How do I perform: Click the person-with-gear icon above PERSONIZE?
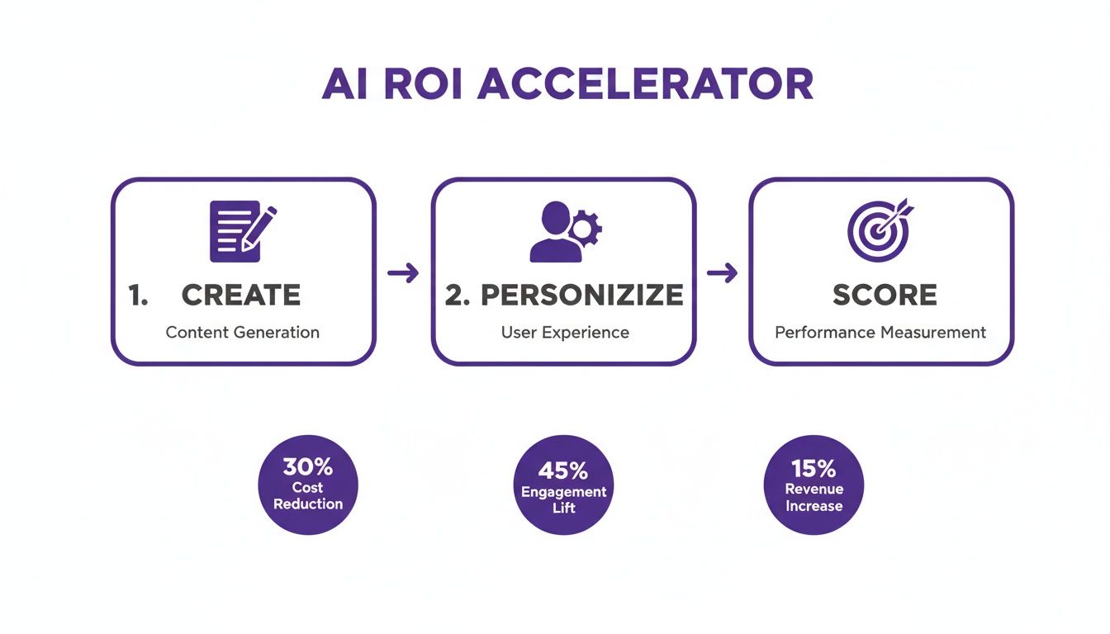[x=565, y=232]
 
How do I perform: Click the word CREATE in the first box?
[x=241, y=295]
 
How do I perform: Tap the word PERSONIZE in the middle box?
[x=582, y=295]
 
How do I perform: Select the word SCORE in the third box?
[x=885, y=295]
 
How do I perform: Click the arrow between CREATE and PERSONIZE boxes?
[x=403, y=273]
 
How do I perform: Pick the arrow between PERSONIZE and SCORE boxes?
[x=722, y=273]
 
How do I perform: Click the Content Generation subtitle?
[x=243, y=333]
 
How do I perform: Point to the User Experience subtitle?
[x=565, y=333]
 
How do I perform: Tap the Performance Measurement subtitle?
[x=880, y=333]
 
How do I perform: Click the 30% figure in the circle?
[x=307, y=467]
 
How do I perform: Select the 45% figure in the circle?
[x=563, y=471]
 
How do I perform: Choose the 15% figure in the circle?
[x=814, y=469]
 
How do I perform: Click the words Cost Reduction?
[x=308, y=496]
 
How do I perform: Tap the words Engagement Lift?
[x=564, y=499]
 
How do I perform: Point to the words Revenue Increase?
[x=814, y=498]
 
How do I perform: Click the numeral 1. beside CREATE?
[x=138, y=296]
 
